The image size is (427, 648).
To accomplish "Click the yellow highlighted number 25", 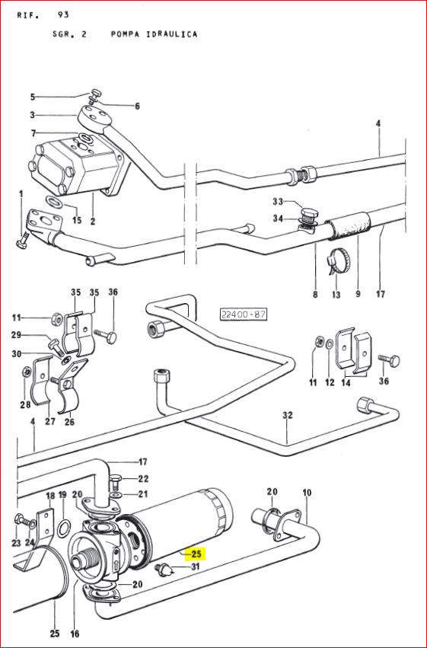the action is (x=196, y=554).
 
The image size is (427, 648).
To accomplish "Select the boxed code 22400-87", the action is (x=244, y=314).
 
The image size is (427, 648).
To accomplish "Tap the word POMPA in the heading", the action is (x=124, y=34).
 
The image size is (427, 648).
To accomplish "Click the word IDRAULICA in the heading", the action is (x=172, y=34).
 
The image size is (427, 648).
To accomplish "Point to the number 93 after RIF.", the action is (x=63, y=15).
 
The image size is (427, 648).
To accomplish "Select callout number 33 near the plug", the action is (x=278, y=202).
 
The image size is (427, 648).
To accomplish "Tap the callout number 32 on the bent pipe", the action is (x=288, y=414).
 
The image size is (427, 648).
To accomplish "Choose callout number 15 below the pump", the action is (x=77, y=219).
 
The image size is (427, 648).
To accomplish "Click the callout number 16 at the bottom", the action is (x=75, y=633).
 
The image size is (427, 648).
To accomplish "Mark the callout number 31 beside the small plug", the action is (x=196, y=567).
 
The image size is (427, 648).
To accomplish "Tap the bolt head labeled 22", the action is (x=115, y=480).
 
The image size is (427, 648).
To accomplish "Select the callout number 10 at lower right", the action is (x=307, y=493).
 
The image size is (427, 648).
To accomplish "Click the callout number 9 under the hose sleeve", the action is (x=358, y=294).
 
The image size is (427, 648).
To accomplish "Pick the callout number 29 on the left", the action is (x=16, y=335).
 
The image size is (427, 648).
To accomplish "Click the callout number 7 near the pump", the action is (x=33, y=133).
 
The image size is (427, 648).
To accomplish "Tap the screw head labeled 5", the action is (x=96, y=92).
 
